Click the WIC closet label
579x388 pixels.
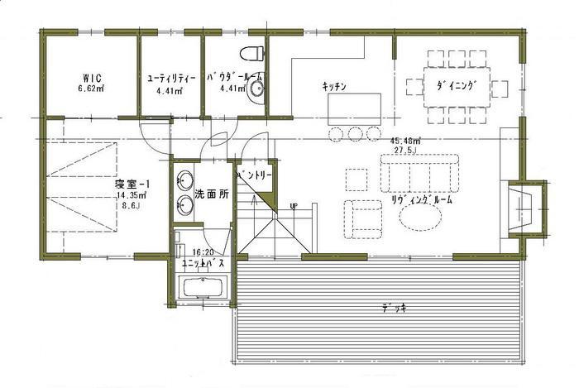click(91, 76)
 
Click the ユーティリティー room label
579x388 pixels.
click(170, 77)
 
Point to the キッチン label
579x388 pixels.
click(333, 85)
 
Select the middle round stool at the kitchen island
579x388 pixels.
click(355, 133)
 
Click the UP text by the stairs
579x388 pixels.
click(294, 206)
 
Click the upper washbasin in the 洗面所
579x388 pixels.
click(184, 180)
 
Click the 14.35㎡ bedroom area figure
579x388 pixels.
click(132, 197)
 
